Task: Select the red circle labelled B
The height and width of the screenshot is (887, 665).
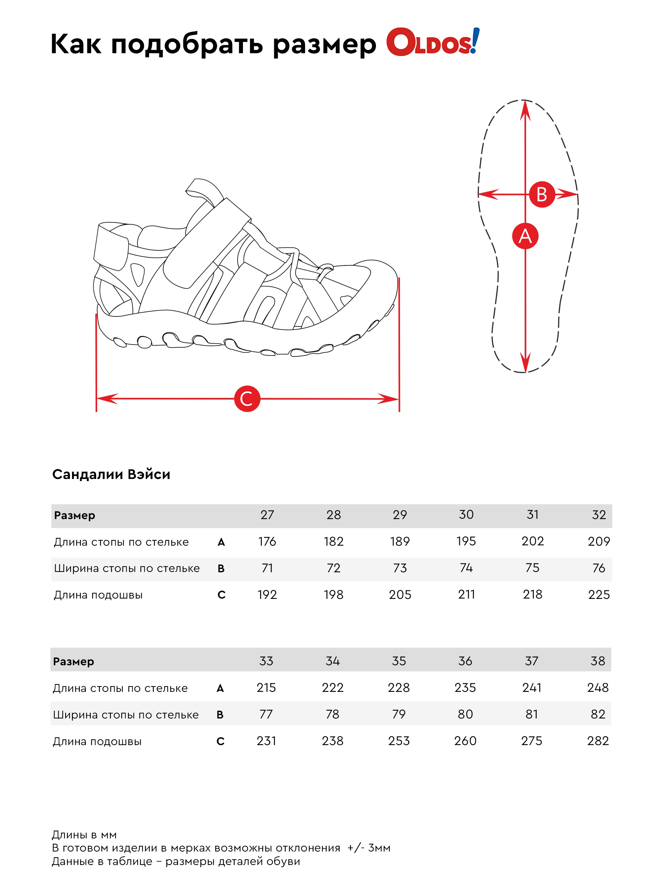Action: click(542, 194)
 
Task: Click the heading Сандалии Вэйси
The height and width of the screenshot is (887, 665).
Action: click(111, 474)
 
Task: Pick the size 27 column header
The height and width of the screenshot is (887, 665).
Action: click(267, 515)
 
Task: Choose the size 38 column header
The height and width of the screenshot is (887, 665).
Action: click(597, 661)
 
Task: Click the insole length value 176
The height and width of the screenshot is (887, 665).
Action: click(267, 541)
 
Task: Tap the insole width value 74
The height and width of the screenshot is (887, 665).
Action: click(466, 568)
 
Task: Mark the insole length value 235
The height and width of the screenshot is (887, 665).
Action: click(465, 688)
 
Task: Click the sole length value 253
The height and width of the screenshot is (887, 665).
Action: click(399, 741)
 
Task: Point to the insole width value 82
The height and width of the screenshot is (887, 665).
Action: click(598, 714)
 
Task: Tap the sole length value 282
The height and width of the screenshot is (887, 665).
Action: click(598, 741)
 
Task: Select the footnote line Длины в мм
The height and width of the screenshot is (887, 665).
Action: click(84, 835)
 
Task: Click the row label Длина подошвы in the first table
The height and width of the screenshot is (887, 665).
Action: click(98, 595)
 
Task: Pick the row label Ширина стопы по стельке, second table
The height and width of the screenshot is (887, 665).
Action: click(126, 715)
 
